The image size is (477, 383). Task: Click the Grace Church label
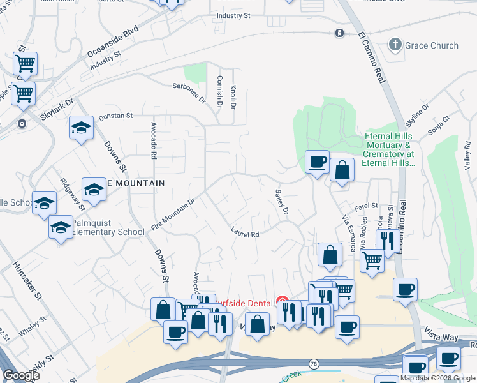[x=431, y=45]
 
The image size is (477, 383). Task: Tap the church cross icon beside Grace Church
[x=395, y=45]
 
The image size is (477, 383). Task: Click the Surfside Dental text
[x=244, y=302]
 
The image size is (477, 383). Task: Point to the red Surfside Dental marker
[x=283, y=301]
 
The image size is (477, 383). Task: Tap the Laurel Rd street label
[x=245, y=234]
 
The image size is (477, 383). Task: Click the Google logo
[x=21, y=375]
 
